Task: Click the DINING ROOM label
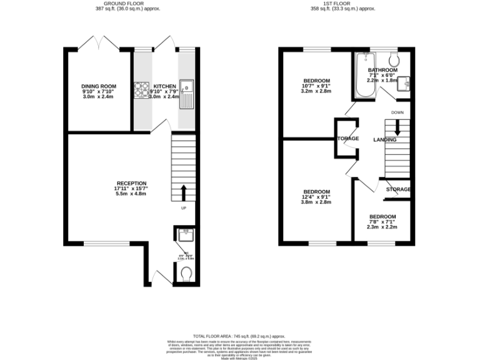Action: click(99, 86)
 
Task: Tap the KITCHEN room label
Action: click(164, 86)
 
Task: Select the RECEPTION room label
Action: click(130, 183)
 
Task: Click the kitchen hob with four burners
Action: click(141, 91)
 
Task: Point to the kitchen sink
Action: click(186, 93)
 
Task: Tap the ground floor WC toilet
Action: click(186, 273)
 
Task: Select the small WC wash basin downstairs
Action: click(185, 235)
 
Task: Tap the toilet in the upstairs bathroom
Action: click(393, 59)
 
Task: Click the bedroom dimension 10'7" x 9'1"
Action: click(317, 86)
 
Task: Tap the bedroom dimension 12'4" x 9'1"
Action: click(317, 197)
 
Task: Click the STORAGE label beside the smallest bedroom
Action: click(398, 189)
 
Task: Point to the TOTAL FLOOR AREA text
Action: click(240, 336)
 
